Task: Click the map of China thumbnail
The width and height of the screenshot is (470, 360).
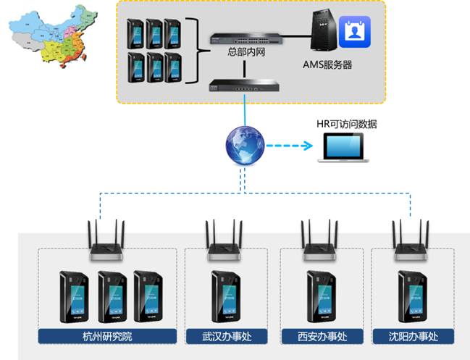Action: pyautogui.click(x=51, y=35)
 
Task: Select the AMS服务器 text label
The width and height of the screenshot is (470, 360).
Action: pyautogui.click(x=327, y=64)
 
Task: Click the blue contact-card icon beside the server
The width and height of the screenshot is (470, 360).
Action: pyautogui.click(x=354, y=32)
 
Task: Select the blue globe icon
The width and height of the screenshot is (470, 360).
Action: pyautogui.click(x=243, y=145)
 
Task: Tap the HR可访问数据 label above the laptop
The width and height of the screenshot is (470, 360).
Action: pyautogui.click(x=348, y=124)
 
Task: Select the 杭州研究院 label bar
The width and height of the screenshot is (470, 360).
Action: pyautogui.click(x=107, y=337)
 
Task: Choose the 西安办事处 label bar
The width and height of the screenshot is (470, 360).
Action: pyautogui.click(x=322, y=337)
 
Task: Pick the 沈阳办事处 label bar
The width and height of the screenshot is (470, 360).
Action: pyautogui.click(x=413, y=337)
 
